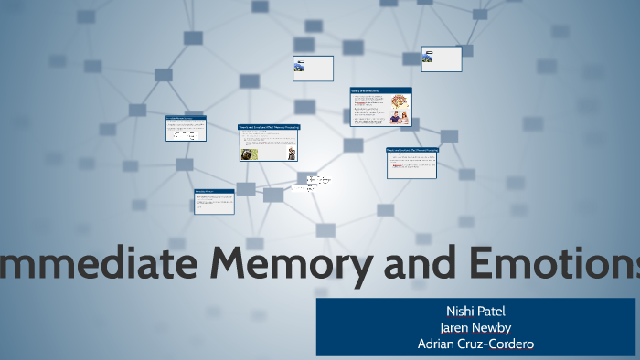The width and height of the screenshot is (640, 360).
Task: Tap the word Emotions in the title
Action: [558, 265]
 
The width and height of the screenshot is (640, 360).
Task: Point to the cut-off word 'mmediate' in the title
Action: [100, 265]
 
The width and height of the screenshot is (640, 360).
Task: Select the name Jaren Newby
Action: [475, 327]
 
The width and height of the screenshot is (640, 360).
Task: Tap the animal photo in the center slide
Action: [249, 154]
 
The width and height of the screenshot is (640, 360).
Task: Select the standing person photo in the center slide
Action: [291, 152]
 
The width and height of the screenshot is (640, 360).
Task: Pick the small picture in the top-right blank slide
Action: [427, 57]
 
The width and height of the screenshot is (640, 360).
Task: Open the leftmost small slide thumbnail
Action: [186, 128]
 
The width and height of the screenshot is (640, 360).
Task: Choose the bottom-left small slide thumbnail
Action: [214, 201]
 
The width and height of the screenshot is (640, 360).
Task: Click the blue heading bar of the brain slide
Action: [380, 90]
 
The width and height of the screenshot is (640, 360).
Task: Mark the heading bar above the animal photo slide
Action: [269, 127]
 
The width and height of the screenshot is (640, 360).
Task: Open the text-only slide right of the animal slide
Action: [411, 163]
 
